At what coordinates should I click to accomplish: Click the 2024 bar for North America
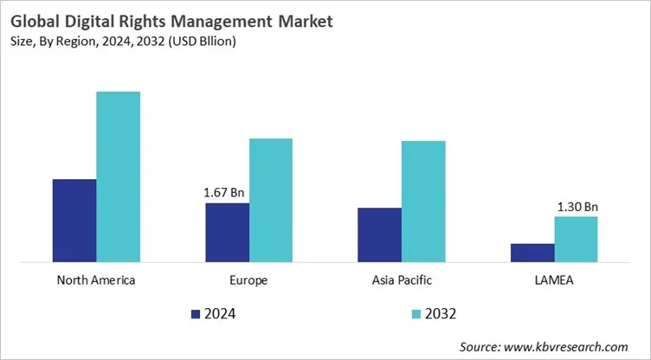point(74,220)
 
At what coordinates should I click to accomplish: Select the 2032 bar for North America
point(118,176)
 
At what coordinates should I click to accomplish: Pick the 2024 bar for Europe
point(227,232)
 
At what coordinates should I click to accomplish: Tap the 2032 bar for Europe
point(271,199)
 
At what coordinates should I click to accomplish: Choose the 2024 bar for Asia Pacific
point(379,234)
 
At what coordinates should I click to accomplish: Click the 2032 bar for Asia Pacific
point(423,201)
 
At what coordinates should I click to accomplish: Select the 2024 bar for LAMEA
point(532,252)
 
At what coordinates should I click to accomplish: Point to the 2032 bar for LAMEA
point(576,238)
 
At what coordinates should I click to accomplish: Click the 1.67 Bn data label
point(227,193)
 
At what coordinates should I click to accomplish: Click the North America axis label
point(96,280)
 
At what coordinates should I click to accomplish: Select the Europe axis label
point(249,280)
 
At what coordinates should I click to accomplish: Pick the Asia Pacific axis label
point(401,280)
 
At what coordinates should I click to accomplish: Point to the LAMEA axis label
point(554,280)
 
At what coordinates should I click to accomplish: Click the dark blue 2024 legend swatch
point(195,313)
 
